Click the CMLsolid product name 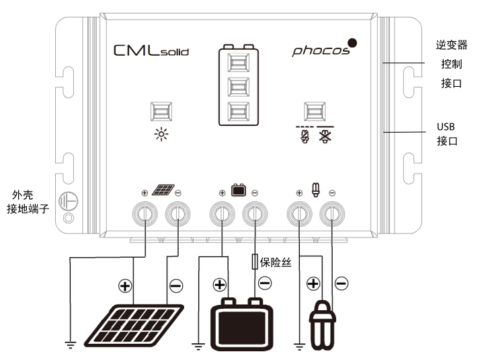[x=151, y=50]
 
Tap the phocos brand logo [x=324, y=48]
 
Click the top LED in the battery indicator [x=238, y=63]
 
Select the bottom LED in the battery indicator [x=238, y=112]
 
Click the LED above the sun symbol [x=161, y=111]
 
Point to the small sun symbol [x=161, y=135]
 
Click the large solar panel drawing [x=134, y=325]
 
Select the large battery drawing [x=241, y=324]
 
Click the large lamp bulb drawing [x=323, y=326]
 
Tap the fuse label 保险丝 [x=276, y=262]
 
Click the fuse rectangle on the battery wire [x=255, y=262]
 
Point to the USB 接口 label [x=446, y=134]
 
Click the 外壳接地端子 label [x=28, y=202]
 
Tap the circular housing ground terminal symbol [x=68, y=201]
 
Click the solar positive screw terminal [x=145, y=213]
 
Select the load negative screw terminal [x=332, y=213]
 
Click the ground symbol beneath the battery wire [x=198, y=346]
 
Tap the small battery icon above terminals [x=239, y=190]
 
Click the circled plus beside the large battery [x=219, y=285]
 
